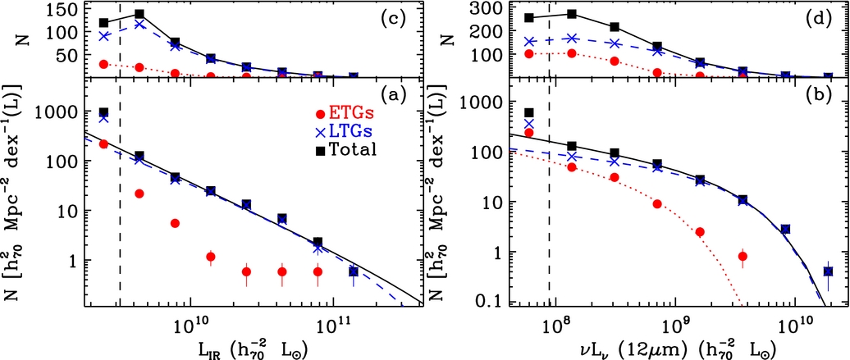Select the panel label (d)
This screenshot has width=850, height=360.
pyautogui.click(x=821, y=16)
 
